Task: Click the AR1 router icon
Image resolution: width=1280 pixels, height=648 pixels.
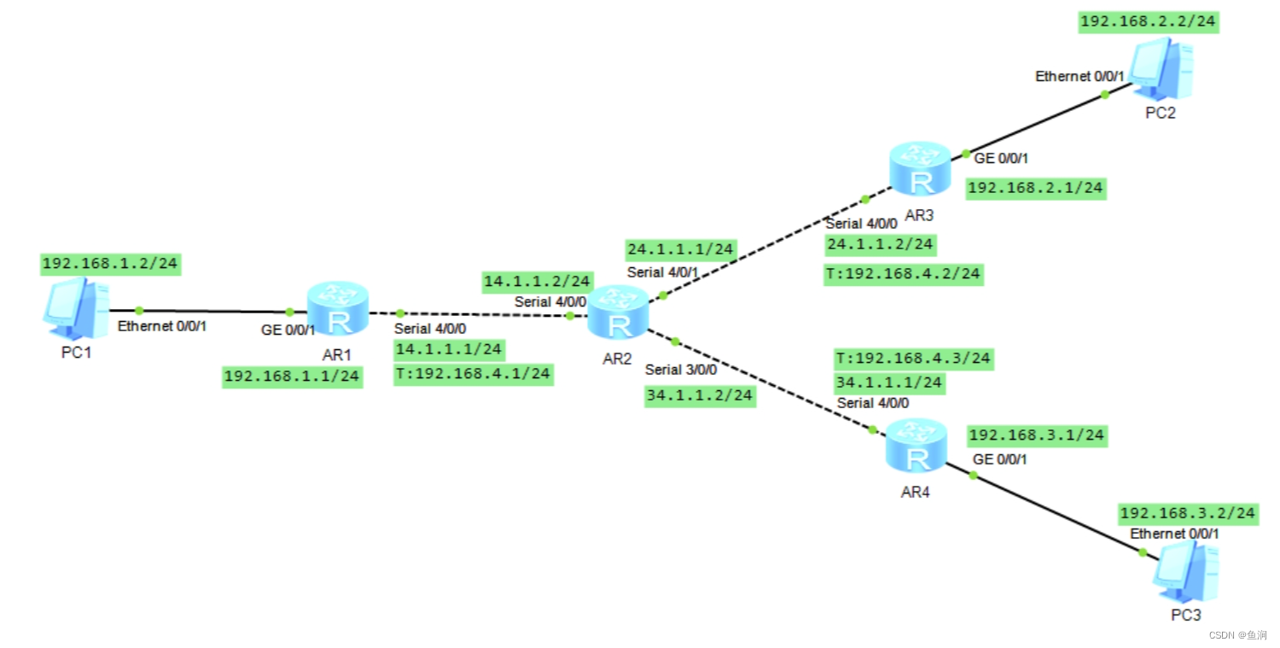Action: (x=339, y=308)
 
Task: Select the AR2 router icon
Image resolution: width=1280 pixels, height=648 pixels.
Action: (x=620, y=313)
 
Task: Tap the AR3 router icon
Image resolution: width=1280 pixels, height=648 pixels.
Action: (x=920, y=169)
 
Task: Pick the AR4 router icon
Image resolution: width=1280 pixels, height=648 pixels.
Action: (x=917, y=447)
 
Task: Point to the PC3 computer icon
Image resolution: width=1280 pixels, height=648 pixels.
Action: (x=1186, y=573)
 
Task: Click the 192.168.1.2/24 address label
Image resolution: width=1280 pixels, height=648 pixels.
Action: (x=110, y=264)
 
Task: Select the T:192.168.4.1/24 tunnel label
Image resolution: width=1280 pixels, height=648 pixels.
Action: (x=473, y=374)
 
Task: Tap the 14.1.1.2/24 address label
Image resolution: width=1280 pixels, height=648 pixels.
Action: (x=537, y=281)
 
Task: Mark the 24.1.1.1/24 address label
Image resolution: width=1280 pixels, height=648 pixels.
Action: (x=680, y=249)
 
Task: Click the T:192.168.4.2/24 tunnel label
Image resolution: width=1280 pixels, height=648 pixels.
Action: (x=905, y=274)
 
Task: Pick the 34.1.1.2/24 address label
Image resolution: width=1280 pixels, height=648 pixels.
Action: (x=700, y=396)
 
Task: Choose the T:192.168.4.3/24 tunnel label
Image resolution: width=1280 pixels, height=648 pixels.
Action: (x=913, y=358)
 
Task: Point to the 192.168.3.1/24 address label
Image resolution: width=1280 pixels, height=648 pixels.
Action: (x=1037, y=435)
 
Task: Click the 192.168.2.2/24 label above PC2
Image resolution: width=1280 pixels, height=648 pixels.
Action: (x=1149, y=22)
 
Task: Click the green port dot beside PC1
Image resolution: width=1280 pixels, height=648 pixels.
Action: (x=139, y=311)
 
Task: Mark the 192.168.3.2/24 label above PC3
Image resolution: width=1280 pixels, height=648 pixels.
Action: (x=1188, y=513)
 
